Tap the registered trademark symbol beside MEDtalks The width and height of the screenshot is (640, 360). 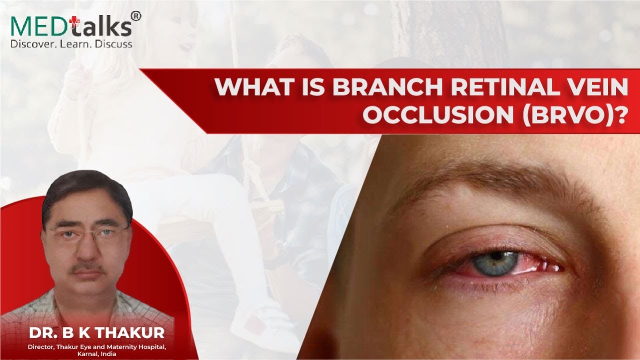coord(135,16)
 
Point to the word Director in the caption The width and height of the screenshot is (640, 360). coord(42,346)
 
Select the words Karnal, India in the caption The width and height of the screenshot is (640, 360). coord(96,353)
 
